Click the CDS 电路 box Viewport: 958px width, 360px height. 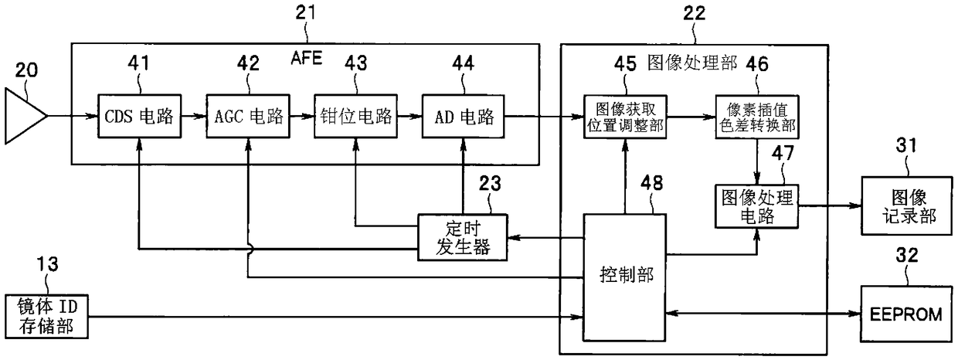139,116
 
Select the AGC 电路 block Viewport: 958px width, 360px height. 248,116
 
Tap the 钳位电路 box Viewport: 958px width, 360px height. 356,116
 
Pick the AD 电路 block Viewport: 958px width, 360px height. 464,116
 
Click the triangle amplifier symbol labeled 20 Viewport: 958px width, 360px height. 25,116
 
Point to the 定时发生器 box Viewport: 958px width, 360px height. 463,237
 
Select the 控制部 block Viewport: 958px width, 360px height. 625,277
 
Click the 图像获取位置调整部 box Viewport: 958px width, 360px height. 625,117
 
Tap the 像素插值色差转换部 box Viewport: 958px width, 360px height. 757,117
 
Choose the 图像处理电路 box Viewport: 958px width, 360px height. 757,206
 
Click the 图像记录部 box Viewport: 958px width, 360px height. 907,205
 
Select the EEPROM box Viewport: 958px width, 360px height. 907,314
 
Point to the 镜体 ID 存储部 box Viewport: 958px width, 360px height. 46,317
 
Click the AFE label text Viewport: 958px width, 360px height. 306,58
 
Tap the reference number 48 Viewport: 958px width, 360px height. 652,183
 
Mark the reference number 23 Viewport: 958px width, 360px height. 490,183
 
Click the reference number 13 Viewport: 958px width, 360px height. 47,263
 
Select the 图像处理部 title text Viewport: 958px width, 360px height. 692,63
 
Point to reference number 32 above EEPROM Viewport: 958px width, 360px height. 907,255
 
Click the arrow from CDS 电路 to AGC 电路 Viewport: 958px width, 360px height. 194,116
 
